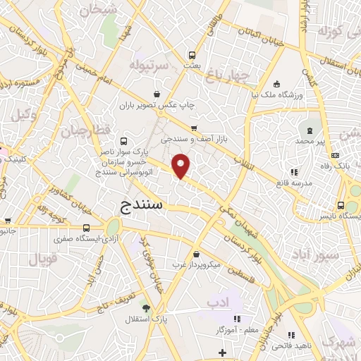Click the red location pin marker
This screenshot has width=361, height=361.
(x=182, y=166)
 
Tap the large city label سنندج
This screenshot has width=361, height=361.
(x=137, y=205)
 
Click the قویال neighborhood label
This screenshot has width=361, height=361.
(x=42, y=258)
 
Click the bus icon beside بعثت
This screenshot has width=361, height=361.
(x=192, y=54)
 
